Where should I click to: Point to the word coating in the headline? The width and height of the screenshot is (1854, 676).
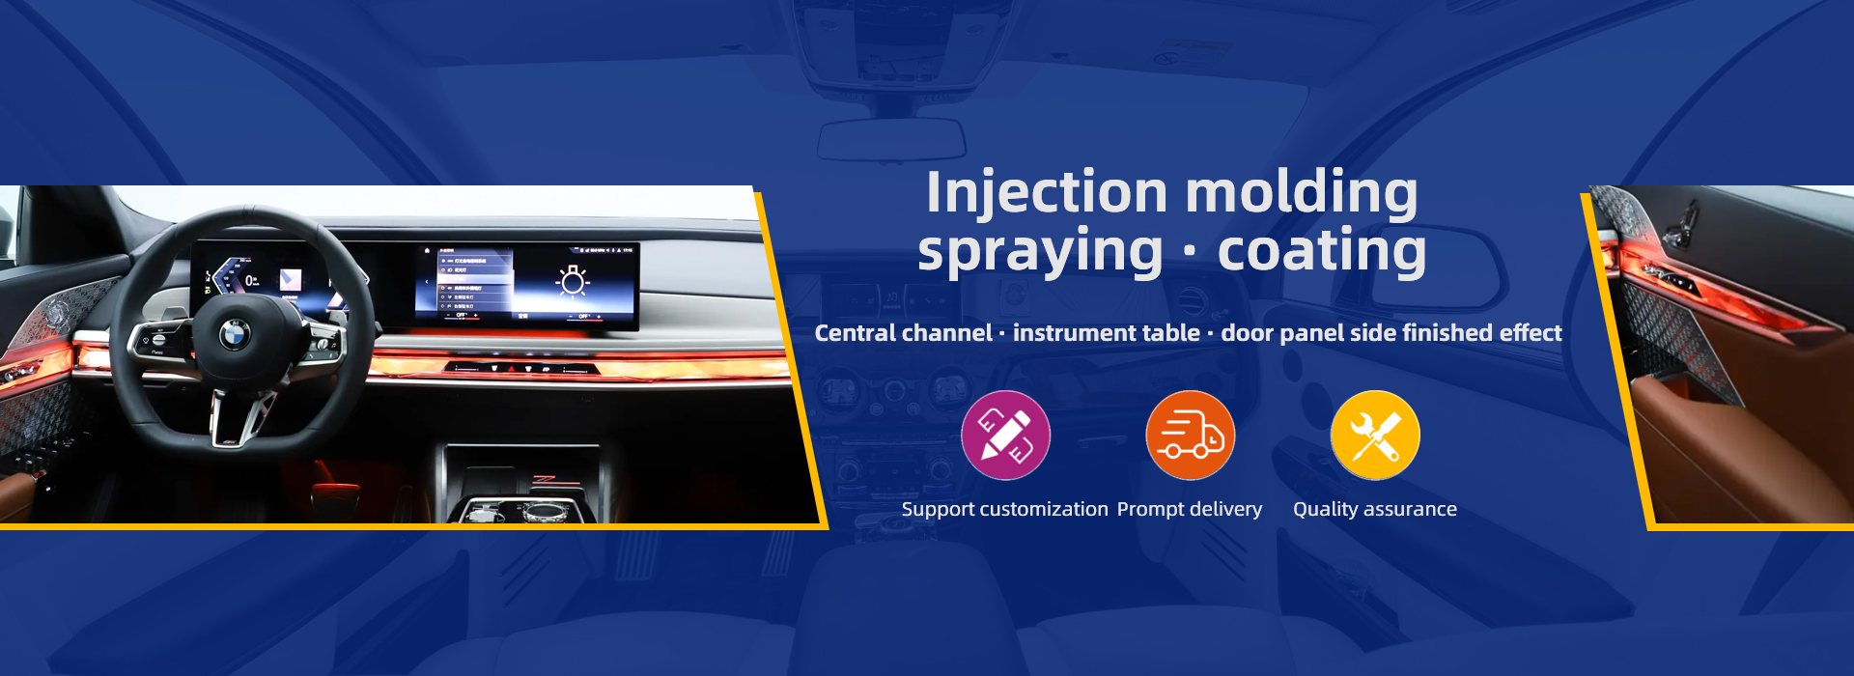pos(1322,252)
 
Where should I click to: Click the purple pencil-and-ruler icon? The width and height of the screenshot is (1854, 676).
pos(1005,436)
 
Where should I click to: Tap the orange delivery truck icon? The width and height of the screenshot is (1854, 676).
pos(1190,436)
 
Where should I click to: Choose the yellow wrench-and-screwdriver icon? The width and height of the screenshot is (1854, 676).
pos(1375,436)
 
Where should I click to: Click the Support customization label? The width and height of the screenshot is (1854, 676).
pos(1004,509)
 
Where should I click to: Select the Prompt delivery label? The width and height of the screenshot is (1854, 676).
pos(1190,509)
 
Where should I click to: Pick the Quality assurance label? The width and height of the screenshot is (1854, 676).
pos(1375,509)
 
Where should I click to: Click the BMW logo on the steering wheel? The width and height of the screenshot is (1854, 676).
pos(235,334)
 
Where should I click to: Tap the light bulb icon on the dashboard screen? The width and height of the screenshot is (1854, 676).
pos(573,280)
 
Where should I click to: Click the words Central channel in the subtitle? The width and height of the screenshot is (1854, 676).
pos(903,333)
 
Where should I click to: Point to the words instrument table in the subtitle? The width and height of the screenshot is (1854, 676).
pos(1107,333)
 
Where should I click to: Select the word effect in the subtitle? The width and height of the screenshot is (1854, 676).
pos(1531,333)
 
